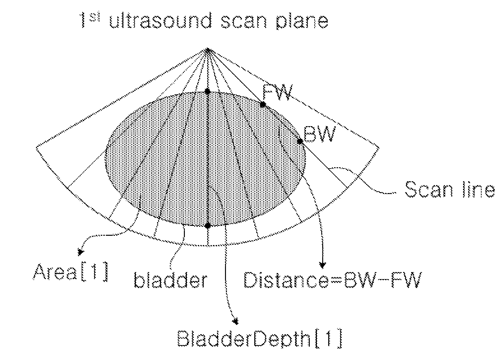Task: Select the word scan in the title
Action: (244, 22)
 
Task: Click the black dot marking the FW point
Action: (263, 104)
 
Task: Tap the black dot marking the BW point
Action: (300, 141)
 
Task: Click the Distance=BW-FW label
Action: (332, 280)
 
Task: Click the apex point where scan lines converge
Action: (208, 50)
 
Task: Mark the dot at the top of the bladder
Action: (207, 91)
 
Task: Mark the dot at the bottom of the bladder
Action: (208, 226)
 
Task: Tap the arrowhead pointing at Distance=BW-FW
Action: (323, 265)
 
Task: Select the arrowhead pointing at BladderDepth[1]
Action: (235, 321)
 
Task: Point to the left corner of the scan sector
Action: (36, 148)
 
